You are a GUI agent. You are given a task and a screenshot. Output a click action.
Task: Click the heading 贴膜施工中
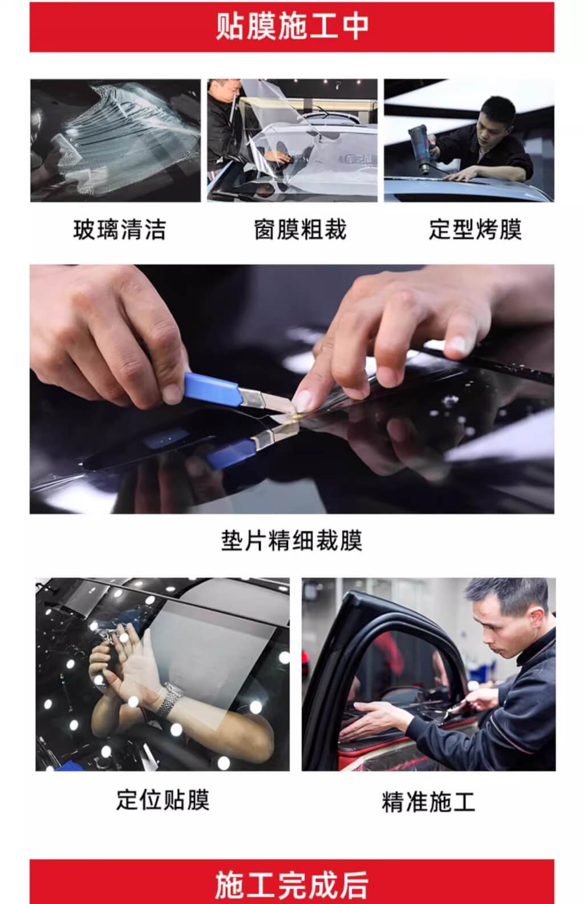[292, 27]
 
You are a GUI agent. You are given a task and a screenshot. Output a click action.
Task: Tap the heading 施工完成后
[291, 885]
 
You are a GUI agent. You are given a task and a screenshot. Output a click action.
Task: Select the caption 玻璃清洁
[119, 230]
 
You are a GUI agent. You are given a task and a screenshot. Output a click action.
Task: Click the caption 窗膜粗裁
[300, 230]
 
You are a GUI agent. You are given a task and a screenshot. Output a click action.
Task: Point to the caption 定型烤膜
[475, 230]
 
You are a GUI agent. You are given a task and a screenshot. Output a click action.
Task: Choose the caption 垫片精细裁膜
[291, 540]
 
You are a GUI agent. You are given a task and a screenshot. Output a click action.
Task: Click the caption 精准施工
[428, 802]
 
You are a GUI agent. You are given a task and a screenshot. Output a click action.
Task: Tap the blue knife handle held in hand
[213, 388]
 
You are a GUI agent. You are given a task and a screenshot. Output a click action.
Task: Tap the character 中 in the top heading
[355, 27]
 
